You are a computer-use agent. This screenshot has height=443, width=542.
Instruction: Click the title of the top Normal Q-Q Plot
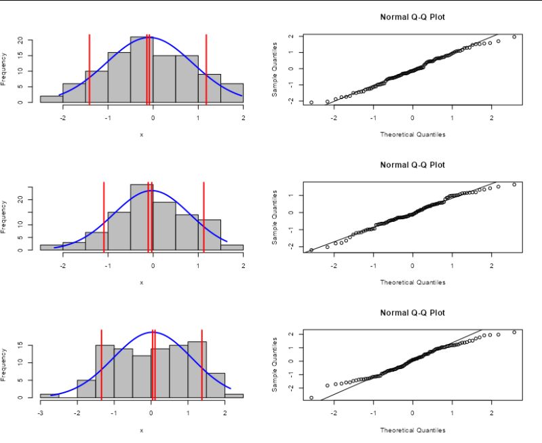click(412, 16)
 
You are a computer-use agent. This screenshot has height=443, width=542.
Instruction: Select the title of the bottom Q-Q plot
click(412, 313)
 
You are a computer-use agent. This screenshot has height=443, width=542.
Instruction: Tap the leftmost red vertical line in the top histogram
click(90, 68)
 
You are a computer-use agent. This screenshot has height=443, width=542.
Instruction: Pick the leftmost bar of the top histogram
click(52, 99)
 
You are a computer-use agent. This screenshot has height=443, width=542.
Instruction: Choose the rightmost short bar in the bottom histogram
click(234, 396)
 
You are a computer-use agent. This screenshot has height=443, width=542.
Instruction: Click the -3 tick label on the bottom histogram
click(41, 411)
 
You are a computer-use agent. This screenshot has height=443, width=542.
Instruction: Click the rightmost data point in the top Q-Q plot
click(514, 37)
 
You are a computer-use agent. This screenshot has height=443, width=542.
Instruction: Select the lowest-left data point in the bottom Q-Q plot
click(311, 398)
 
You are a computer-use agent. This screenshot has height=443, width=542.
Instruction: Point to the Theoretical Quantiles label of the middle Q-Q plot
click(412, 282)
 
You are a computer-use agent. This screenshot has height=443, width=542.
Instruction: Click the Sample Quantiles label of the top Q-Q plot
click(275, 69)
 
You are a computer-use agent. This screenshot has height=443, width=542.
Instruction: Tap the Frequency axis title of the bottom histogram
click(5, 364)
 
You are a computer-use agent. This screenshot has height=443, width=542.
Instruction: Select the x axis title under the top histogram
click(142, 134)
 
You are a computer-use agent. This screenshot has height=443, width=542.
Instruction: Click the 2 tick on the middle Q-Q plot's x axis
click(491, 264)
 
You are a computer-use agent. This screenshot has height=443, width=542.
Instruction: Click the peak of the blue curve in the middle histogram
click(151, 191)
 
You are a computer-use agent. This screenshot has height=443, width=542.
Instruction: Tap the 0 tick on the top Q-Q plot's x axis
click(412, 116)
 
